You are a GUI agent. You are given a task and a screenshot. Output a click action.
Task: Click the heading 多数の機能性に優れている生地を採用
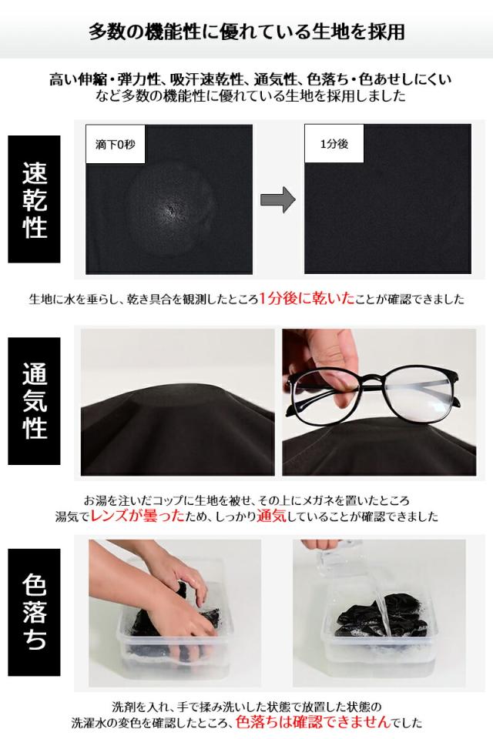pos(246,32)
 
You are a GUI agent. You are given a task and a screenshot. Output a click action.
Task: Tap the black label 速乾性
pos(34,199)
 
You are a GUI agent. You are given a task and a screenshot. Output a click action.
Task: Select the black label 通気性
pos(34,401)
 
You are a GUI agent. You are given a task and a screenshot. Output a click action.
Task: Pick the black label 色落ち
pos(34,612)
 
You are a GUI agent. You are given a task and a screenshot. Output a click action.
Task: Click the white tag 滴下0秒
pos(115,144)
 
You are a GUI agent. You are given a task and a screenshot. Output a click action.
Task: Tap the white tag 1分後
pos(334,143)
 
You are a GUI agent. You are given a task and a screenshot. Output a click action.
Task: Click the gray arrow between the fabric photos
pos(278,199)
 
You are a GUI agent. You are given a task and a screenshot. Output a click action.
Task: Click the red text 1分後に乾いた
pos(307,298)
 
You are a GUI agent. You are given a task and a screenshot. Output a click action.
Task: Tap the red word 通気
pos(272,516)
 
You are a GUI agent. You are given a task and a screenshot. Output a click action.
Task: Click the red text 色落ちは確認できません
pos(313,721)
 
